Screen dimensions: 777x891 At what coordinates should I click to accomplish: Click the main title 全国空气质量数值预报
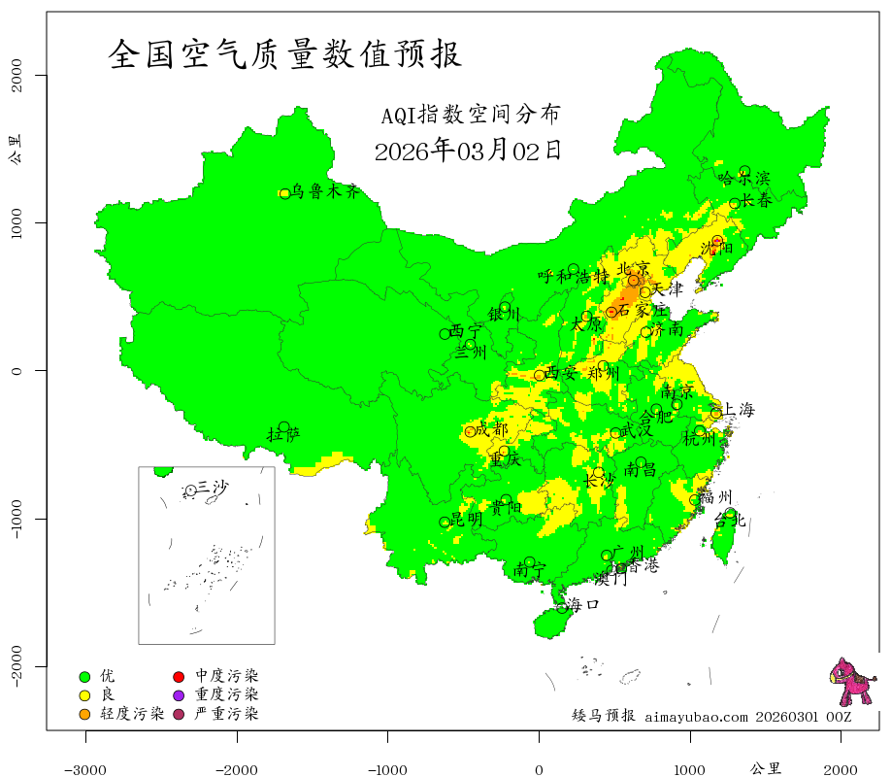(x=285, y=53)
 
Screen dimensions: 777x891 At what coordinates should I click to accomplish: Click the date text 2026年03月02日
(x=468, y=151)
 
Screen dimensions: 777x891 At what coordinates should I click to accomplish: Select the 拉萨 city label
(x=283, y=434)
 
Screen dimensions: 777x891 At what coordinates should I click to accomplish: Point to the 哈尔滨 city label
(x=743, y=179)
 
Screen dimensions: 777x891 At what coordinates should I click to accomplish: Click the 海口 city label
(x=582, y=604)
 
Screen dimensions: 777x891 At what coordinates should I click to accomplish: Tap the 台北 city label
(x=729, y=521)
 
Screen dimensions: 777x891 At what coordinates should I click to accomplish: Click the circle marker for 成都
(x=471, y=431)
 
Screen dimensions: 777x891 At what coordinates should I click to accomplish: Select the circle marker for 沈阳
(x=718, y=241)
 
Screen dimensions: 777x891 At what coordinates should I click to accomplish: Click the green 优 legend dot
(x=84, y=676)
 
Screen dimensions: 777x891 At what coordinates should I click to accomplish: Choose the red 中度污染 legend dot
(x=179, y=676)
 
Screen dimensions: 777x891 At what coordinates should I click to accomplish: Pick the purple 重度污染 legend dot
(x=179, y=695)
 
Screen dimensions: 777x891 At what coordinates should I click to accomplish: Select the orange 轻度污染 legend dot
(x=84, y=715)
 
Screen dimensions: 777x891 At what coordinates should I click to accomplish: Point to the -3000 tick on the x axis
(x=85, y=769)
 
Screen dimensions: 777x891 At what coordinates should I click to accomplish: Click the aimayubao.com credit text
(x=697, y=717)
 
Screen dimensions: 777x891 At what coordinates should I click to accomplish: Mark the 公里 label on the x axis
(x=766, y=768)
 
